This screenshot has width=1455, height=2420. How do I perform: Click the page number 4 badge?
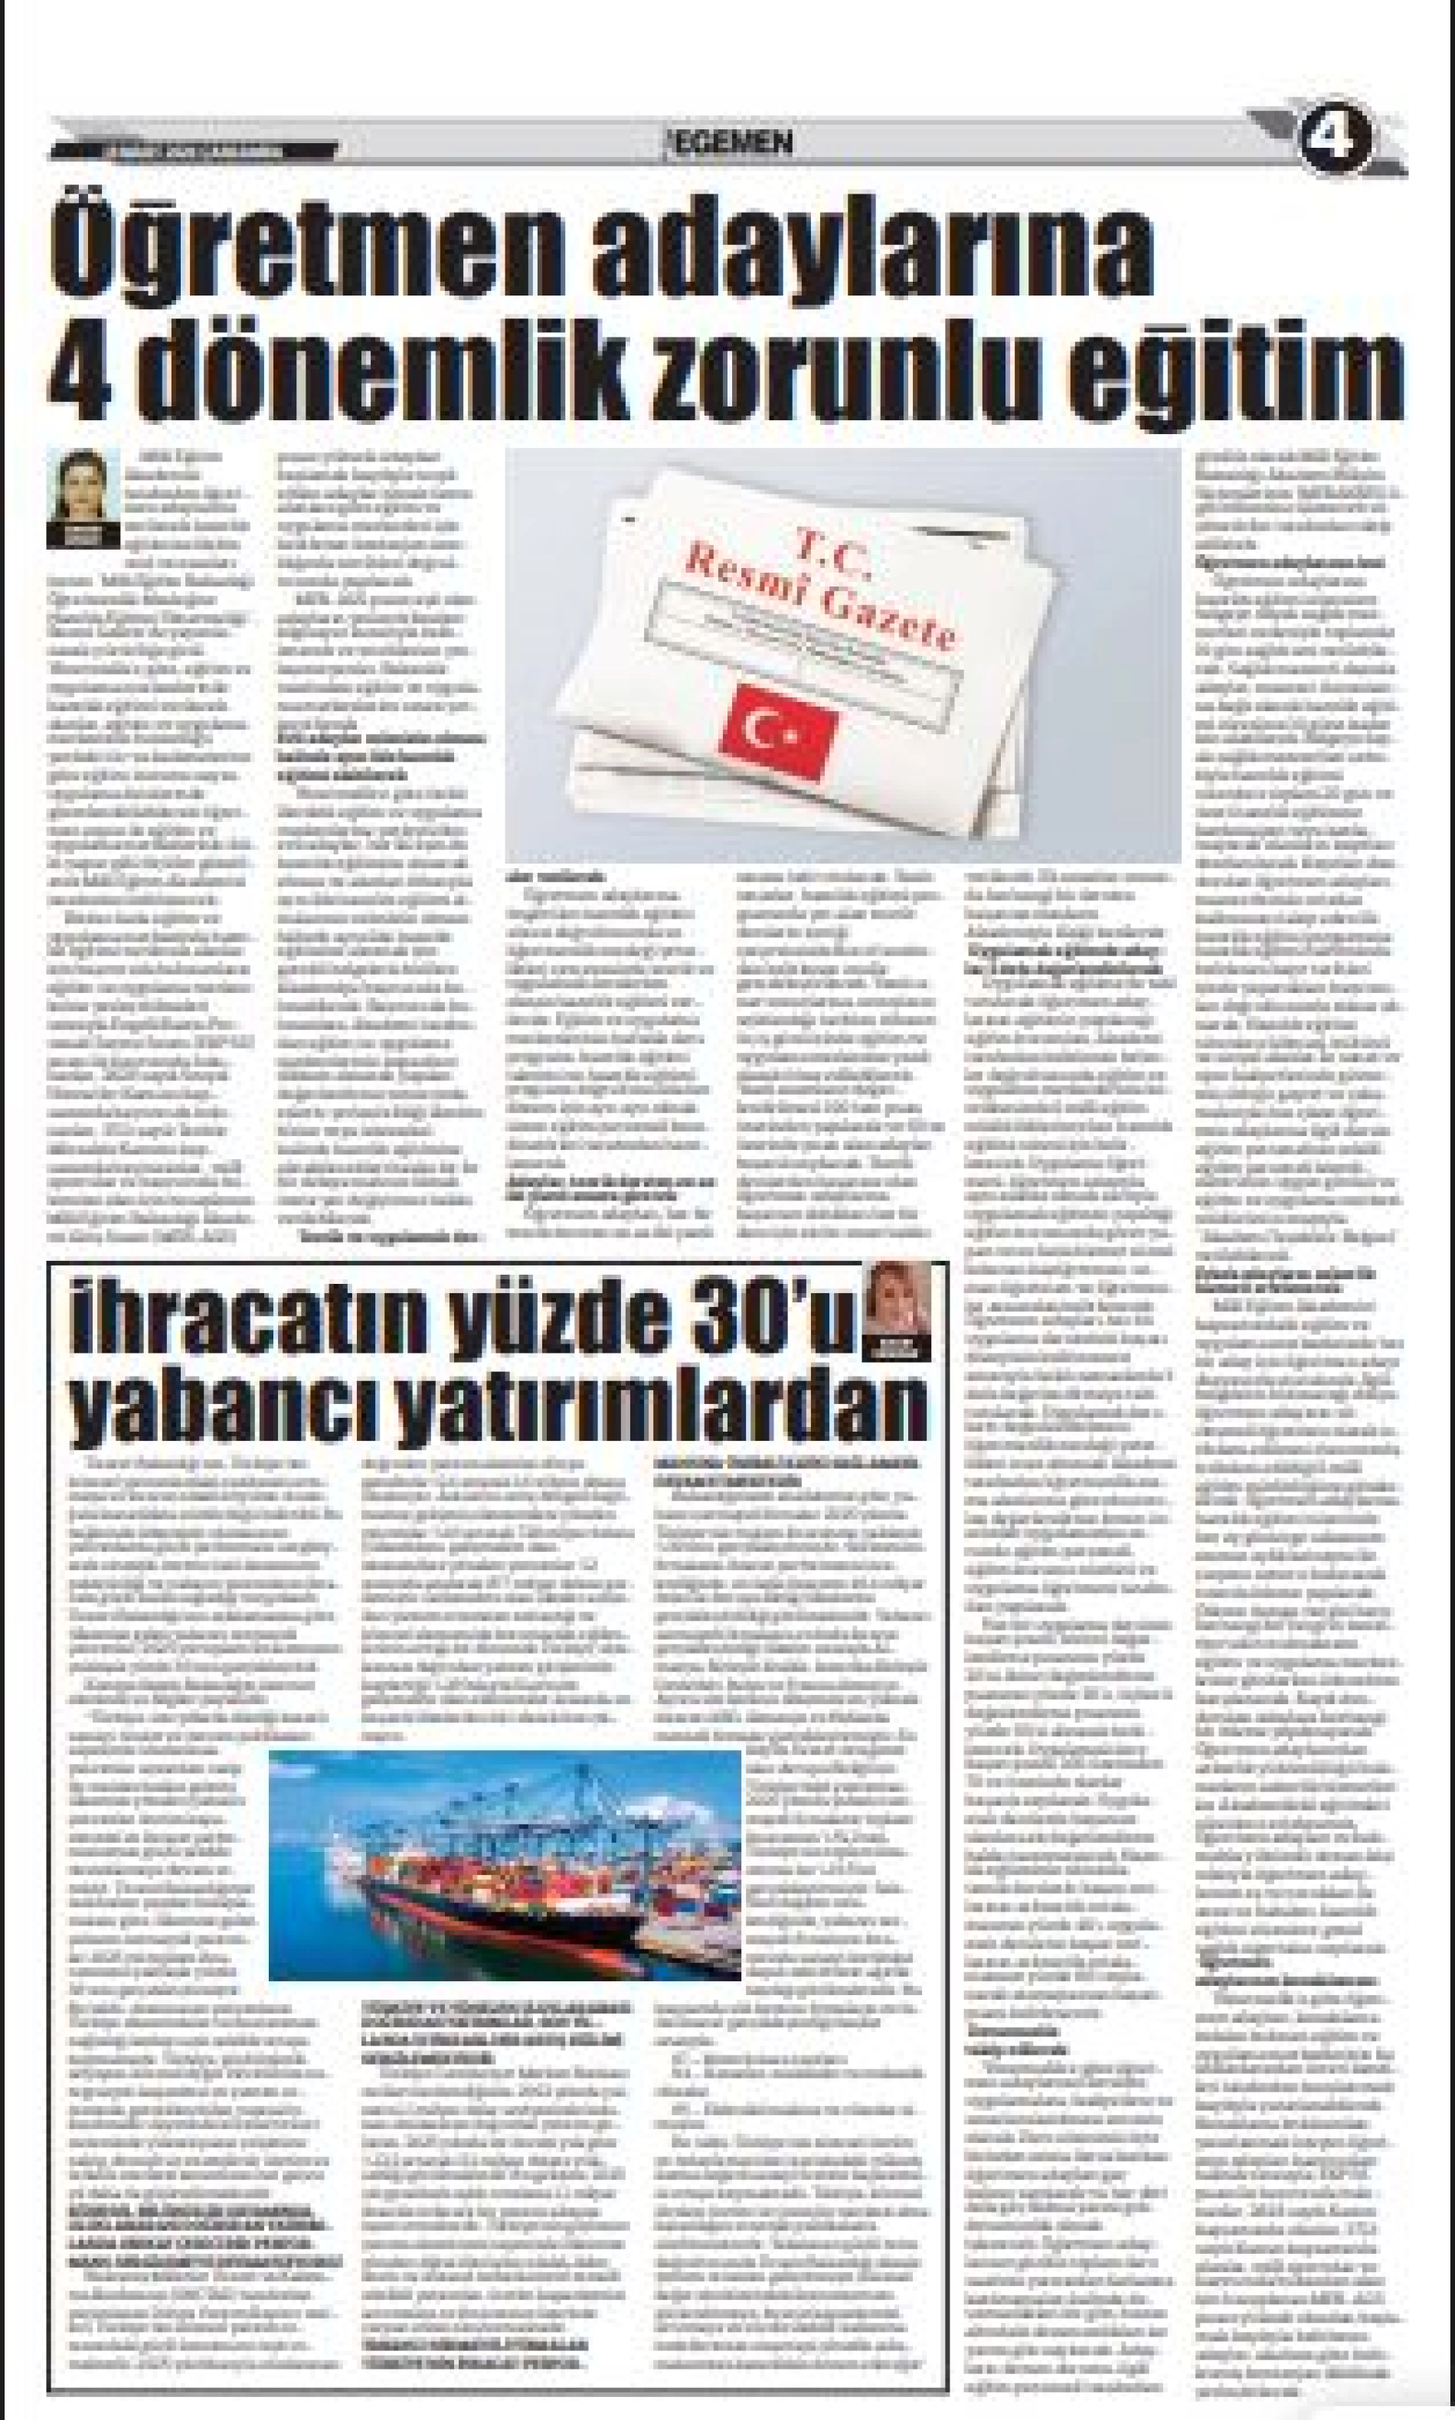(x=1336, y=139)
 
